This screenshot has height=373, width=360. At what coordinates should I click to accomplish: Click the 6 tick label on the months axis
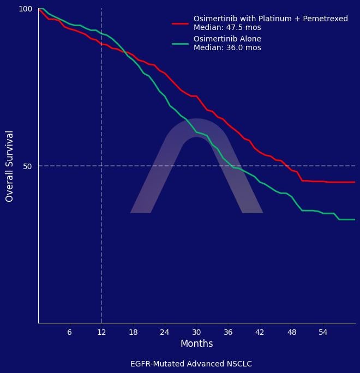(x=69, y=332)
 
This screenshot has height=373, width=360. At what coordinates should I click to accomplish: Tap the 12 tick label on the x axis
(x=101, y=332)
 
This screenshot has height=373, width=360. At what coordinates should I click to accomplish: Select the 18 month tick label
(x=133, y=332)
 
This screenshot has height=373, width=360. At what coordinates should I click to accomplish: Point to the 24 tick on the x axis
(x=165, y=332)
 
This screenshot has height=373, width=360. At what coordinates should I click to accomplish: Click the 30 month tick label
(x=196, y=332)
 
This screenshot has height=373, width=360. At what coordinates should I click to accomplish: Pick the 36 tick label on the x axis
(x=228, y=332)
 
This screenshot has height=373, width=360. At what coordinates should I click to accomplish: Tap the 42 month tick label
(x=260, y=332)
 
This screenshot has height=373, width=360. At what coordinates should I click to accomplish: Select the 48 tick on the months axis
(x=292, y=332)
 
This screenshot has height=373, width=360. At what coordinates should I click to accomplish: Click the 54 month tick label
(x=323, y=332)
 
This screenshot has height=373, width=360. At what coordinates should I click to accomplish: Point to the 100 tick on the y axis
(x=26, y=9)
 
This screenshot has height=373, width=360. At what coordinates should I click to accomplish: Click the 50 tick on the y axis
(x=27, y=166)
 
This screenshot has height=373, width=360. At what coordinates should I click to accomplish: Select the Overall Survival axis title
(x=9, y=166)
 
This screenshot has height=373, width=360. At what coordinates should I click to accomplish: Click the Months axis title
(x=196, y=344)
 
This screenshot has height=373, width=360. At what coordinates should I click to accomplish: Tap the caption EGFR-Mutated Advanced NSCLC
(x=191, y=364)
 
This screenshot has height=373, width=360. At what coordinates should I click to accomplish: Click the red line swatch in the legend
(x=180, y=23)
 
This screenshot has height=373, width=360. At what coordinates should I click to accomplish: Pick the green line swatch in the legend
(x=180, y=43)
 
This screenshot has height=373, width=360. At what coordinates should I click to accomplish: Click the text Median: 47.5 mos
(x=227, y=27)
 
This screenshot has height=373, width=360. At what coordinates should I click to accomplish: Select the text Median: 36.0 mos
(x=227, y=48)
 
